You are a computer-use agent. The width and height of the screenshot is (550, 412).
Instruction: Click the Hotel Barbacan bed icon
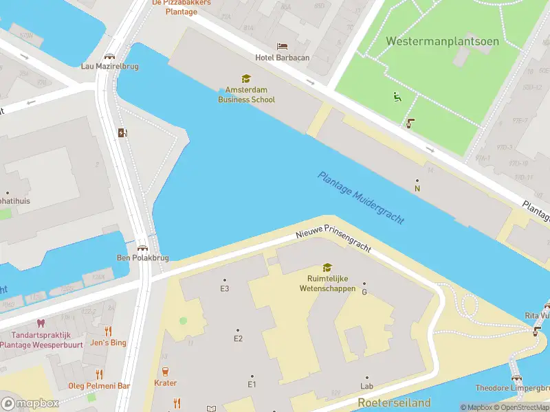[282, 47]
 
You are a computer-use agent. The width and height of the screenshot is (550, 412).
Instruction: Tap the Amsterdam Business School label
[246, 95]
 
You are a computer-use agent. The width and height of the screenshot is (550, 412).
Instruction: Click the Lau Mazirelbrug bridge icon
[109, 56]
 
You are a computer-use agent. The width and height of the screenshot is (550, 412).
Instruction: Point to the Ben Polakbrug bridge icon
[142, 249]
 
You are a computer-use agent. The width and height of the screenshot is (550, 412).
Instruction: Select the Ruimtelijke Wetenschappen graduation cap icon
[327, 268]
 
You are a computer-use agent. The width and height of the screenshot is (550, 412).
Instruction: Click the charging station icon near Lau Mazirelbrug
[122, 133]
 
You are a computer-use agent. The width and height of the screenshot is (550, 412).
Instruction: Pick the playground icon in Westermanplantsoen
[396, 97]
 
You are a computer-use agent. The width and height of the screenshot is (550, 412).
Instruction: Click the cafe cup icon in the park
[410, 124]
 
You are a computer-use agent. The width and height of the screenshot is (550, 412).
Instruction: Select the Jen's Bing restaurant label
[108, 343]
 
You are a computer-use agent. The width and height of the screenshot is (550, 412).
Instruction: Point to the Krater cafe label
[166, 383]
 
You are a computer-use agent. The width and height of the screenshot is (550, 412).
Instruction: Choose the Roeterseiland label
[394, 402]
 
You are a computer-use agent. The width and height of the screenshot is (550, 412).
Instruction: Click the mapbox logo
[30, 404]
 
